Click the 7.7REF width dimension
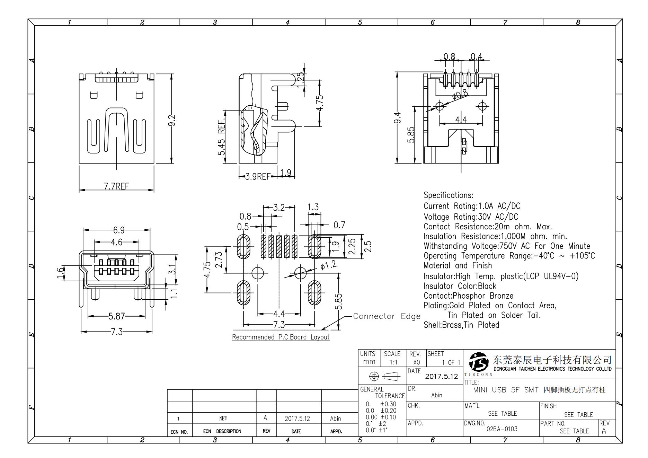[x=116, y=186]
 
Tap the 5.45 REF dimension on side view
[x=222, y=138]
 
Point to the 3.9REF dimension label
[x=257, y=177]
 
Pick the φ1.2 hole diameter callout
[x=328, y=266]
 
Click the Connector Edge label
[x=387, y=316]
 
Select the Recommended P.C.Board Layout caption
[x=281, y=337]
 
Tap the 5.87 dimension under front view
[x=116, y=316]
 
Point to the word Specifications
[x=448, y=195]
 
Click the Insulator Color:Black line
[x=460, y=286]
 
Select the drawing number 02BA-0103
[x=502, y=429]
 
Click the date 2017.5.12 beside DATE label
[x=441, y=376]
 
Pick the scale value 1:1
[x=393, y=362]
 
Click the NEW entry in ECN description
[x=223, y=419]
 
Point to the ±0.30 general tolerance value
[x=388, y=404]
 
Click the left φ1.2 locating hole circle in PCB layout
[x=257, y=273]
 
